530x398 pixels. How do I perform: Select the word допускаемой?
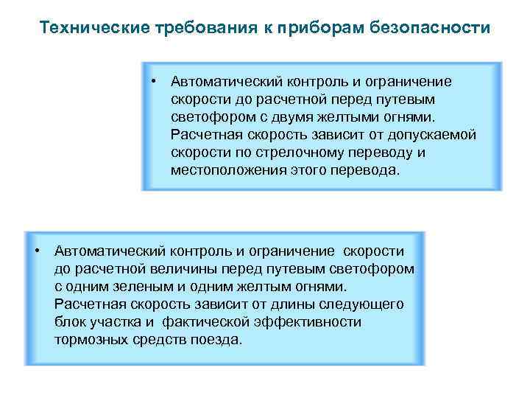coord(437,135)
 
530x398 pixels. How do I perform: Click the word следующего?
coord(362,304)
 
